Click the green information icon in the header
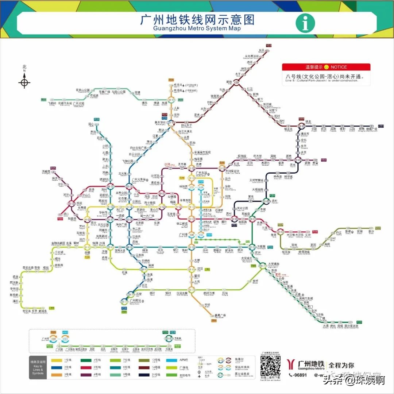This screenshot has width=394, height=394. click(x=305, y=23)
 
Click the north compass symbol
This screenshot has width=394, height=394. click(x=24, y=81)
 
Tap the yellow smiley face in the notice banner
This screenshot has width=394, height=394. click(x=327, y=67)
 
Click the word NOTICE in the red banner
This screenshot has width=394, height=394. click(x=339, y=67)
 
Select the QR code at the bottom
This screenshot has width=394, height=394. click(x=270, y=366)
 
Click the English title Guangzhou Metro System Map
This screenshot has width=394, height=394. click(x=197, y=28)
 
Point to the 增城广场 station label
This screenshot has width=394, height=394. click(x=372, y=129)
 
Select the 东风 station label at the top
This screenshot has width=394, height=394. click(x=261, y=50)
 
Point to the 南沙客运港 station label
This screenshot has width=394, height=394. click(x=351, y=326)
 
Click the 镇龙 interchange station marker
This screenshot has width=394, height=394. click(x=301, y=126)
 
